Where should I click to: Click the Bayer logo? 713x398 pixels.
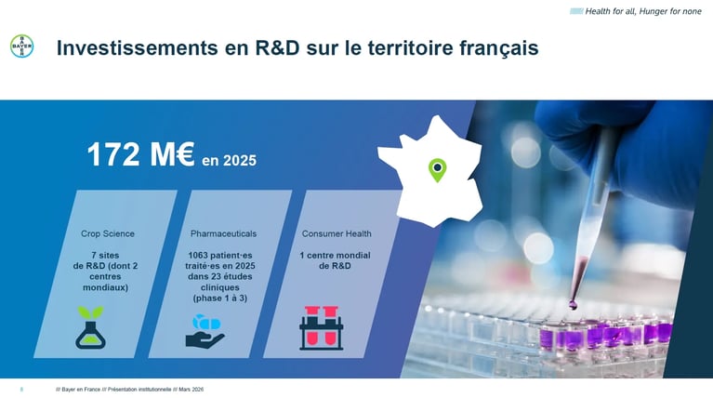(x=21, y=46)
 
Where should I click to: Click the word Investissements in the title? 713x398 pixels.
(x=138, y=47)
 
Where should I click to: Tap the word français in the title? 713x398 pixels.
(x=498, y=48)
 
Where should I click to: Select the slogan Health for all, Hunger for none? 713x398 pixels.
(x=643, y=11)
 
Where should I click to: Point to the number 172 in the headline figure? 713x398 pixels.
(x=113, y=154)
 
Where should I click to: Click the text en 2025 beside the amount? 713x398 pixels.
(x=230, y=161)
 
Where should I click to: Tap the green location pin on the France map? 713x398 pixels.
(x=438, y=170)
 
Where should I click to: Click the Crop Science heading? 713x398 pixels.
(x=108, y=233)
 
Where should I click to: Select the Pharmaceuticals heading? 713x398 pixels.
(x=223, y=233)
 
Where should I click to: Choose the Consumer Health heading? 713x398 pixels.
(x=337, y=233)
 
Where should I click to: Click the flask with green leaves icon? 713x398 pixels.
(x=91, y=327)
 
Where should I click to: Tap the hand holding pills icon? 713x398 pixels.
(x=205, y=332)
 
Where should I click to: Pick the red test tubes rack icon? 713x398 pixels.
(x=321, y=328)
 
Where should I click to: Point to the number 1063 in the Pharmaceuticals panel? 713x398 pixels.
(x=198, y=256)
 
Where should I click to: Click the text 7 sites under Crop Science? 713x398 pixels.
(x=105, y=256)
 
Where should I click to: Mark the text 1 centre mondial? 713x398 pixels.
(x=335, y=256)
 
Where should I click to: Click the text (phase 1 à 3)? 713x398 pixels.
(x=220, y=298)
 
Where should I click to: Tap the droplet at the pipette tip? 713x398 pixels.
(x=573, y=304)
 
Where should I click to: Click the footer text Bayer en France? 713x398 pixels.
(x=81, y=390)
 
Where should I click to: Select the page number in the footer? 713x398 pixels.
(x=21, y=390)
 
